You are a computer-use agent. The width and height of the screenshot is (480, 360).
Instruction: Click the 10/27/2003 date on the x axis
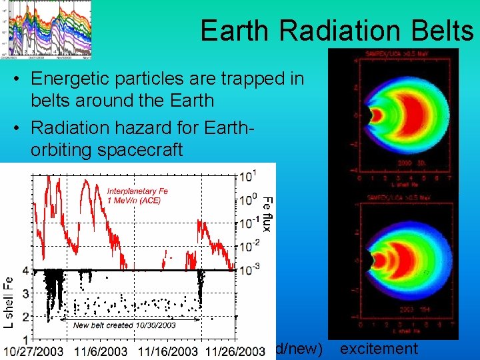[35, 351]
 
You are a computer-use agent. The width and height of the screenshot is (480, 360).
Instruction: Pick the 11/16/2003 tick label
[169, 351]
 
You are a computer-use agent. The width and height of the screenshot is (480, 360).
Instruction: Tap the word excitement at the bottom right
[379, 348]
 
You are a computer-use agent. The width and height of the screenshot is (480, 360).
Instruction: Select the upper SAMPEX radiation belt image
[393, 117]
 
